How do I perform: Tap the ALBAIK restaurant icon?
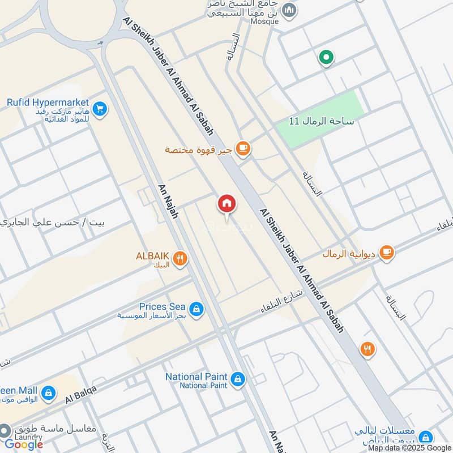pos(181,259)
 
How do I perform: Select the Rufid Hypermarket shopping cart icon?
pos(100,109)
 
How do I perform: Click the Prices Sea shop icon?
pos(196,309)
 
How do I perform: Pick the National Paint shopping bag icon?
pos(238,380)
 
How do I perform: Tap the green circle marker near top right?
pos(326,57)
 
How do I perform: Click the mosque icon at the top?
pos(289,10)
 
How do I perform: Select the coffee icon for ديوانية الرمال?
pos(387,253)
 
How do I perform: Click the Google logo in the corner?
pos(24,444)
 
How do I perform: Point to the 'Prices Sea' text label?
pos(163,306)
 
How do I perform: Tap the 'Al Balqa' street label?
pos(81,395)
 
